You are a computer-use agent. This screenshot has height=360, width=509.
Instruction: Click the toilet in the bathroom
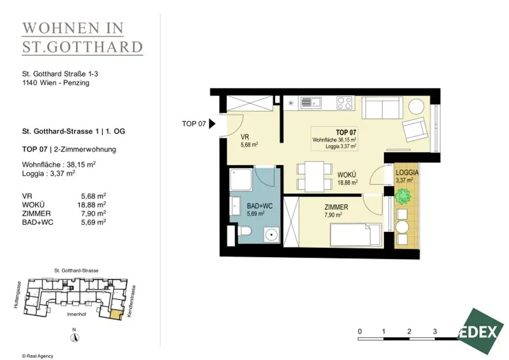tap(245, 231)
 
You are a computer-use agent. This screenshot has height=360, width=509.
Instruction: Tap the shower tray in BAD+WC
tap(241, 180)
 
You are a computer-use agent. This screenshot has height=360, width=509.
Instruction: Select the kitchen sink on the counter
tap(311, 102)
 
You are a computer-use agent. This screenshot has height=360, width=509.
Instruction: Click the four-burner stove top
tap(344, 103)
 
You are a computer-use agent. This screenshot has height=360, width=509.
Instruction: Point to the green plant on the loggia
tap(403, 196)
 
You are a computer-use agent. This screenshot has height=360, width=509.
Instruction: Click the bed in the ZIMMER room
tap(355, 234)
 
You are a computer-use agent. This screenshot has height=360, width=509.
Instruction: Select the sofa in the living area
tap(382, 108)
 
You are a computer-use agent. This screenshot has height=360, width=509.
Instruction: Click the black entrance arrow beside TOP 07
tap(212, 124)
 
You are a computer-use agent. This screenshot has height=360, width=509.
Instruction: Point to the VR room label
tap(245, 137)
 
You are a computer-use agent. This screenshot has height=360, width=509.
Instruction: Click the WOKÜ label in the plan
tap(346, 175)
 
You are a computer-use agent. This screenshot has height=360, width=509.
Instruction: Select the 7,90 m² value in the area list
tap(93, 213)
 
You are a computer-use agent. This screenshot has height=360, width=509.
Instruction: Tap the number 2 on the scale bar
tap(409, 332)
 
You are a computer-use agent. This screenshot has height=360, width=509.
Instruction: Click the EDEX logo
tap(479, 332)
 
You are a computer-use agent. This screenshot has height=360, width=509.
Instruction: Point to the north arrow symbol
tap(75, 337)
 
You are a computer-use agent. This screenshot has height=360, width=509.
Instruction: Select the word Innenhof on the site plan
tap(77, 314)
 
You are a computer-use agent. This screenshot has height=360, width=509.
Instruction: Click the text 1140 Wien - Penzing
tap(56, 83)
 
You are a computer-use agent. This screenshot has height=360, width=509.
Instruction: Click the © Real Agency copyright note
tap(38, 356)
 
